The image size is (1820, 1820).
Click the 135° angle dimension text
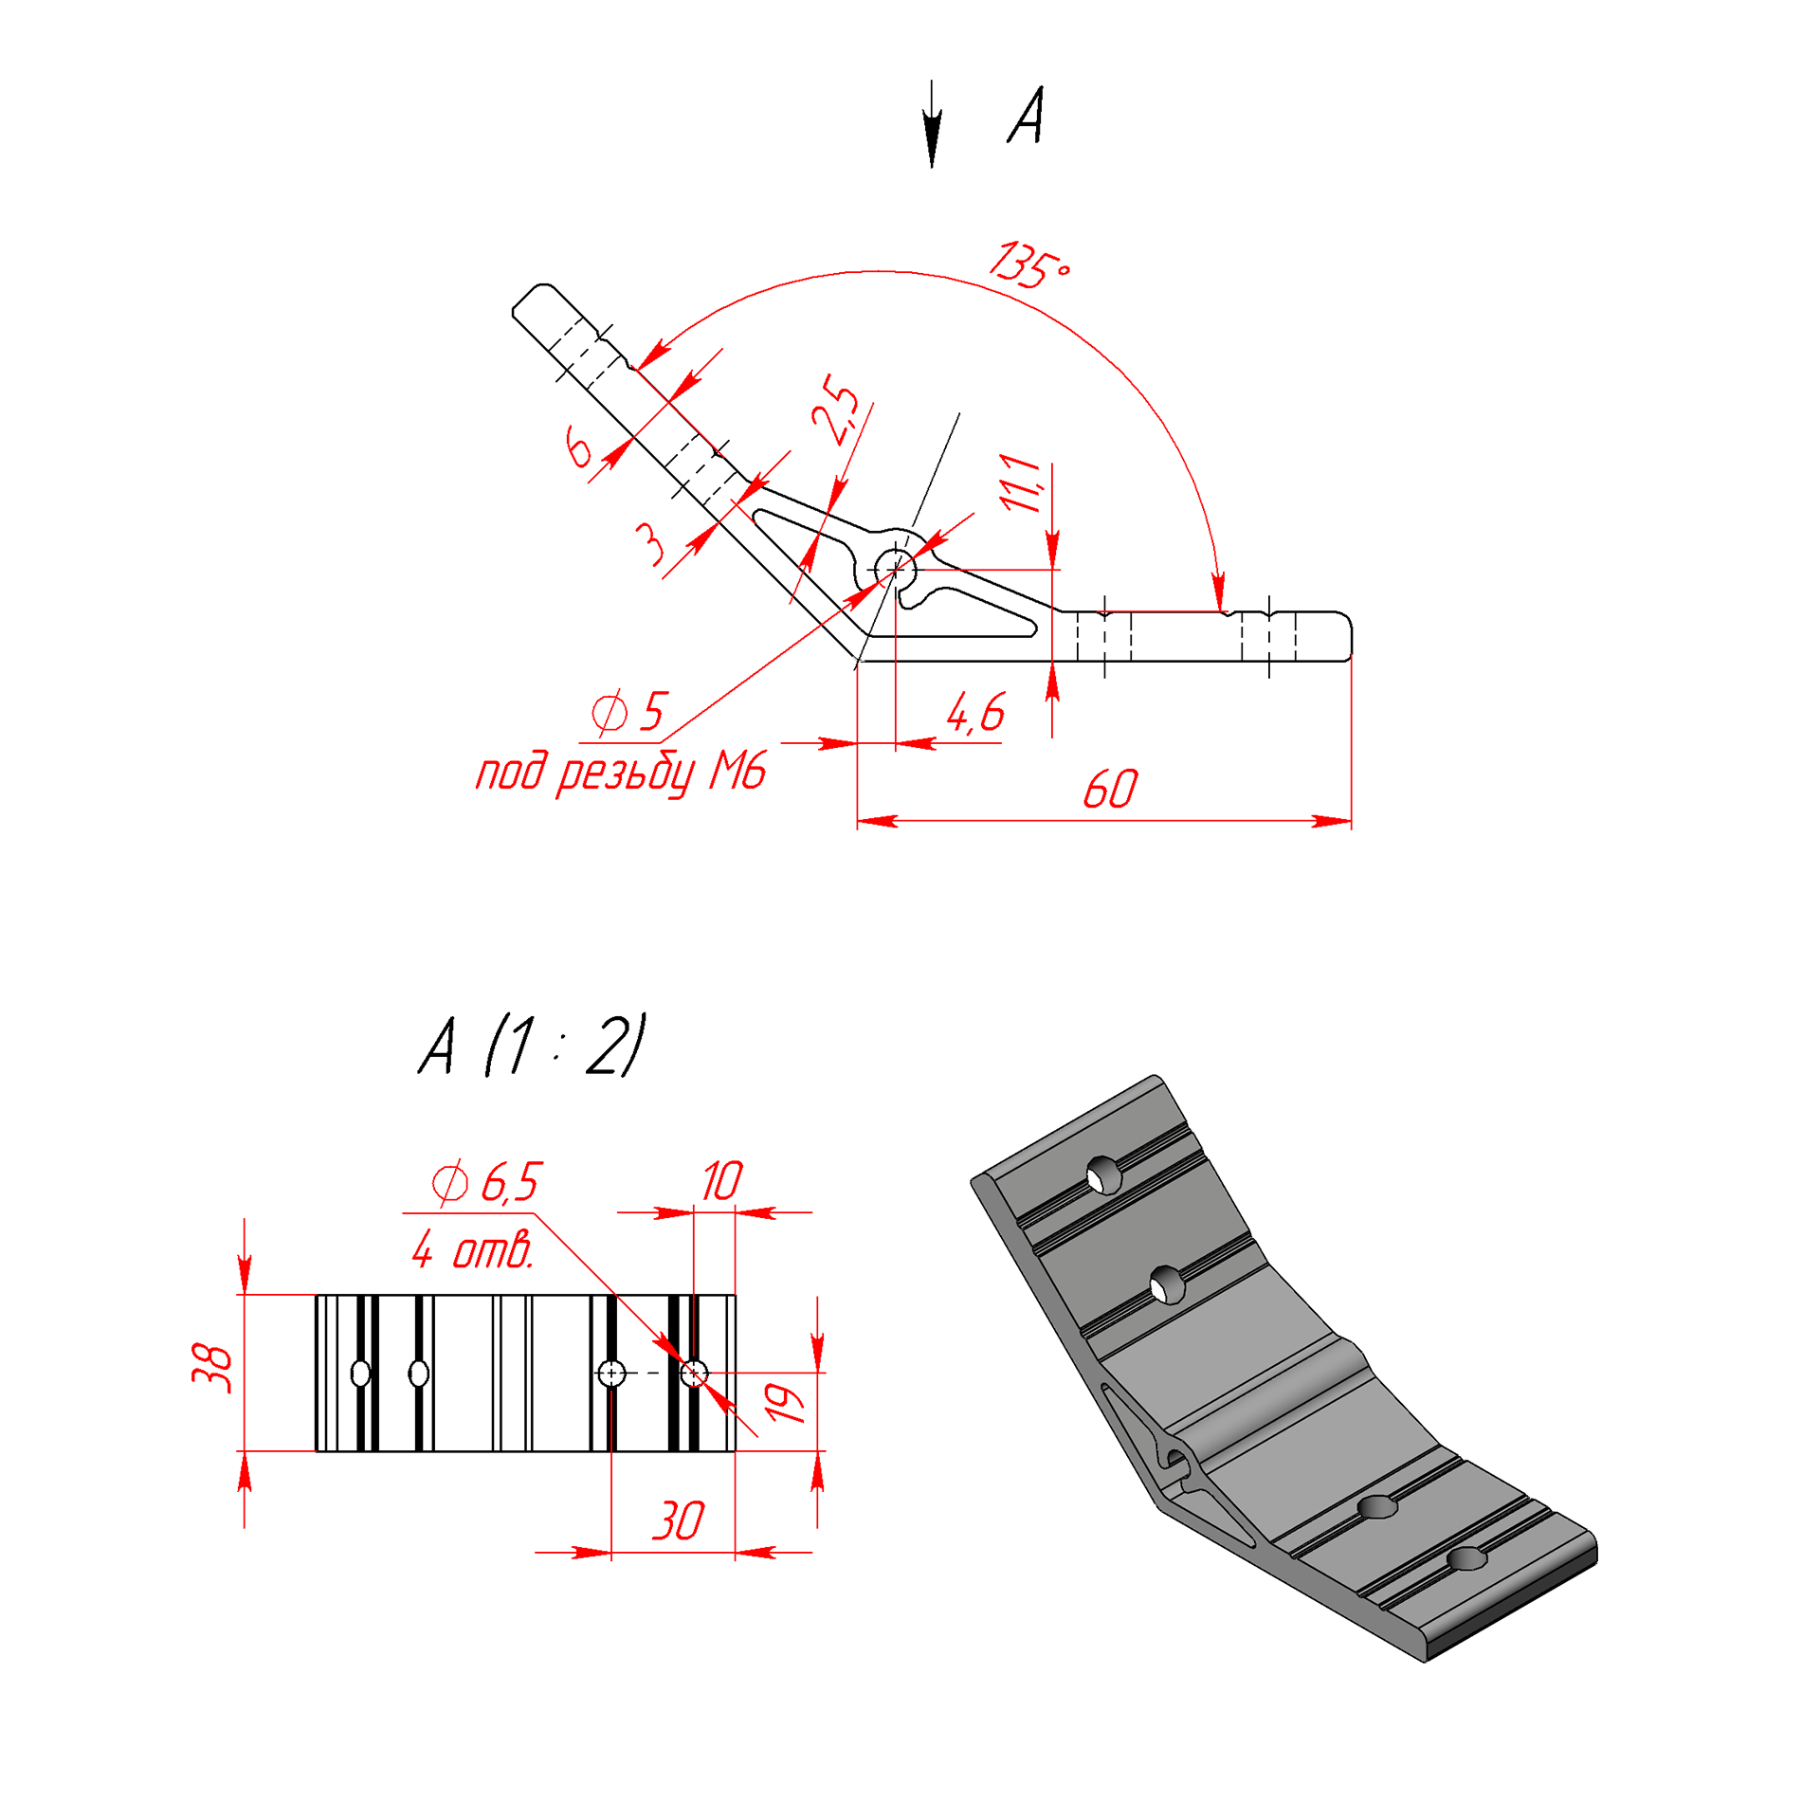[1029, 265]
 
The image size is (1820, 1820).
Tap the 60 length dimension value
[1109, 790]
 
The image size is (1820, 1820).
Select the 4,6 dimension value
[975, 713]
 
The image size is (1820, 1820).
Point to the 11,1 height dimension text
[1022, 482]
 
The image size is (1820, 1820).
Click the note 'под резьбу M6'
[620, 773]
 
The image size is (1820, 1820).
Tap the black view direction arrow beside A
[932, 124]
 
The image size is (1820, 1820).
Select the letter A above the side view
[1026, 116]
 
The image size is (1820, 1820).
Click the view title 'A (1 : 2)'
[532, 1045]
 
